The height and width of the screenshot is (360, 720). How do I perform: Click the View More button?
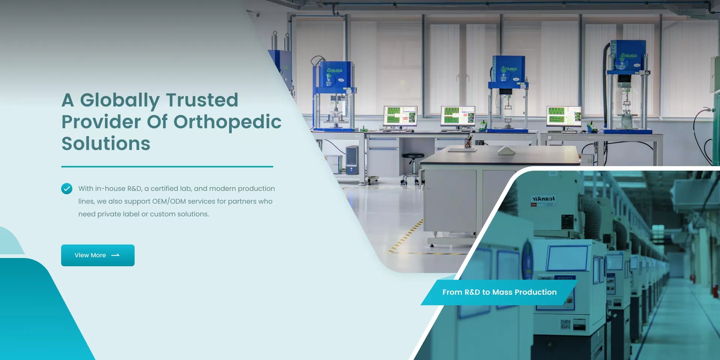point(97,255)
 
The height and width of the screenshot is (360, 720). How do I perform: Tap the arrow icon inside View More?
point(115,255)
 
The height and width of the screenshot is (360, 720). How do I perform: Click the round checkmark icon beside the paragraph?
point(67,189)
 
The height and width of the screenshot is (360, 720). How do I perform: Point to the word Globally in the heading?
point(120,100)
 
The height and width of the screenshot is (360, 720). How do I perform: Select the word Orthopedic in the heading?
point(227,122)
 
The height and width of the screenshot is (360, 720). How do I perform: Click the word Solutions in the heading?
point(106,144)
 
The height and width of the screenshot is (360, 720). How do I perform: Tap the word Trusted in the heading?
point(202,100)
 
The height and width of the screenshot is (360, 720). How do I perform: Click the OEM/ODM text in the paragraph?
point(169,201)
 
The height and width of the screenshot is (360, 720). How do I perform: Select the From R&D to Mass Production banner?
point(499,292)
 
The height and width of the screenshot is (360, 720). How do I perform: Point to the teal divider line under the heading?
point(167,166)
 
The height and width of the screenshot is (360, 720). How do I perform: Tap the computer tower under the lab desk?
point(352,160)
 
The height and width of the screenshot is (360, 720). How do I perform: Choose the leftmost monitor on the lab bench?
point(400,116)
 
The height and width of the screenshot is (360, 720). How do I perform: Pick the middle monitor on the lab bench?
point(458,116)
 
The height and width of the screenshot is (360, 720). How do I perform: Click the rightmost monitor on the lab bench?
point(564,116)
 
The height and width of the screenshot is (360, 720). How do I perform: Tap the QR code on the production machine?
point(565,324)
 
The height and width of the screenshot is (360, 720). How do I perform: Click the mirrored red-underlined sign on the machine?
point(543,199)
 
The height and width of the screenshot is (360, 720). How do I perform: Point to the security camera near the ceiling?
point(256,14)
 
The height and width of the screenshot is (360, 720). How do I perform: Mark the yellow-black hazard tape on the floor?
point(407,236)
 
